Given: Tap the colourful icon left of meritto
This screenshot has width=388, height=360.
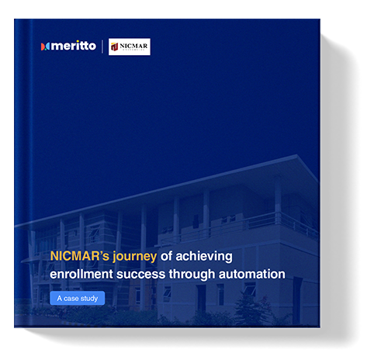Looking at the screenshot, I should coord(45,47).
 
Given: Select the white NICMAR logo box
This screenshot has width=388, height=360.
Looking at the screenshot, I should coord(129,47).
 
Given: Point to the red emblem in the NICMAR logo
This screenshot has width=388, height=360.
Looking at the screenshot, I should coord(115,47).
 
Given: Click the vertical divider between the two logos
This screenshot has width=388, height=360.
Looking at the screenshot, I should coord(102,47).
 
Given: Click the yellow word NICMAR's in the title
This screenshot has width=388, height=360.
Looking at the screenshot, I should coord(74,257).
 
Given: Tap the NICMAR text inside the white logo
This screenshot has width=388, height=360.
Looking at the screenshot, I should coord(134,46).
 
